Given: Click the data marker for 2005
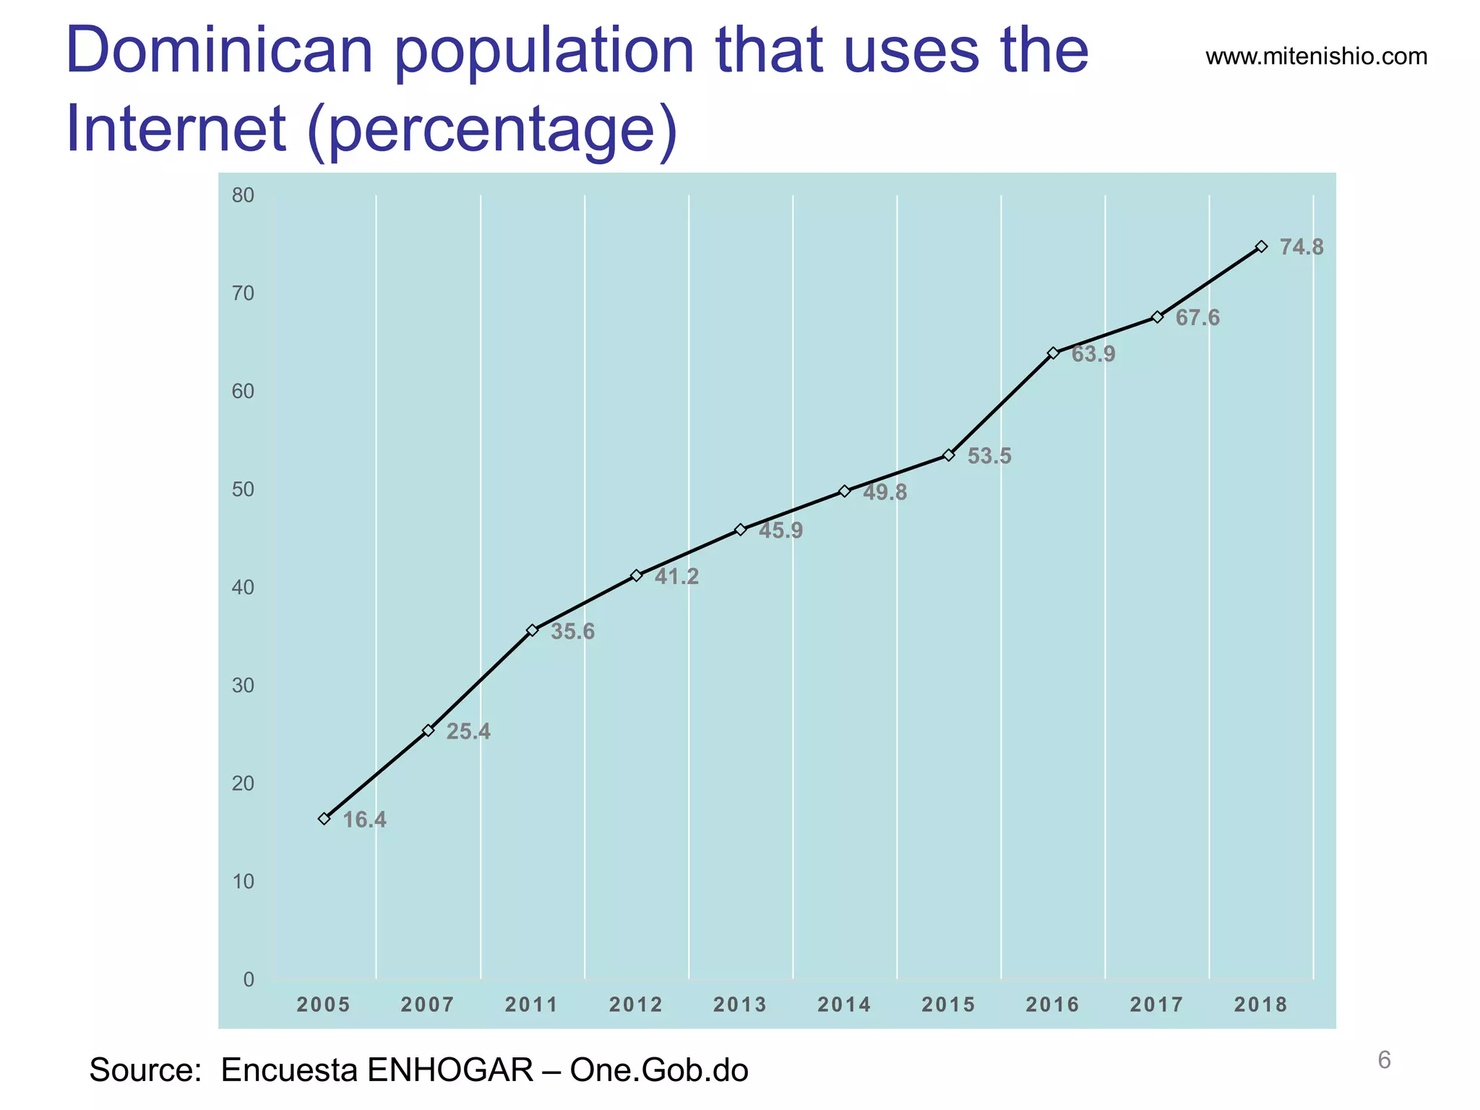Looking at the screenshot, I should tap(324, 819).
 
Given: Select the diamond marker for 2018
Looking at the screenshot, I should tap(1261, 246).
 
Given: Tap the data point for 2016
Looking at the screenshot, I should tap(1053, 353).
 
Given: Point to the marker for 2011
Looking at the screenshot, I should tap(532, 630).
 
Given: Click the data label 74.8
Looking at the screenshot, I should tap(1302, 248).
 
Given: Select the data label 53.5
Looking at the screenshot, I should tap(989, 457).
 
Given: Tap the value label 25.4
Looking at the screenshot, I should tap(468, 732).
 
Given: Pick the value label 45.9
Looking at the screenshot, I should tap(780, 531).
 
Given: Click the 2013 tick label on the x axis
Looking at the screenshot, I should tap(740, 1004).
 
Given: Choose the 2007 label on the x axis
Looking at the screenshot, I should tap(428, 1004).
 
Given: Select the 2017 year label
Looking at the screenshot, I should tap(1156, 1004).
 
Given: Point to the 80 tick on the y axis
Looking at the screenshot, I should tap(243, 195).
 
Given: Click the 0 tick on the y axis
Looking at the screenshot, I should tap(249, 980).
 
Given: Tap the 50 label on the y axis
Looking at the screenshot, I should tap(243, 489).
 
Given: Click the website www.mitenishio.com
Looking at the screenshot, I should tap(1316, 56).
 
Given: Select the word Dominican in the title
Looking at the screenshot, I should tap(219, 51).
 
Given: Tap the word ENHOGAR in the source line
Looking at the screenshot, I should tap(449, 1070).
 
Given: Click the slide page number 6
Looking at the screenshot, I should tap(1384, 1060).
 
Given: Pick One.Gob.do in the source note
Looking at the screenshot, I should tap(659, 1070).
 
